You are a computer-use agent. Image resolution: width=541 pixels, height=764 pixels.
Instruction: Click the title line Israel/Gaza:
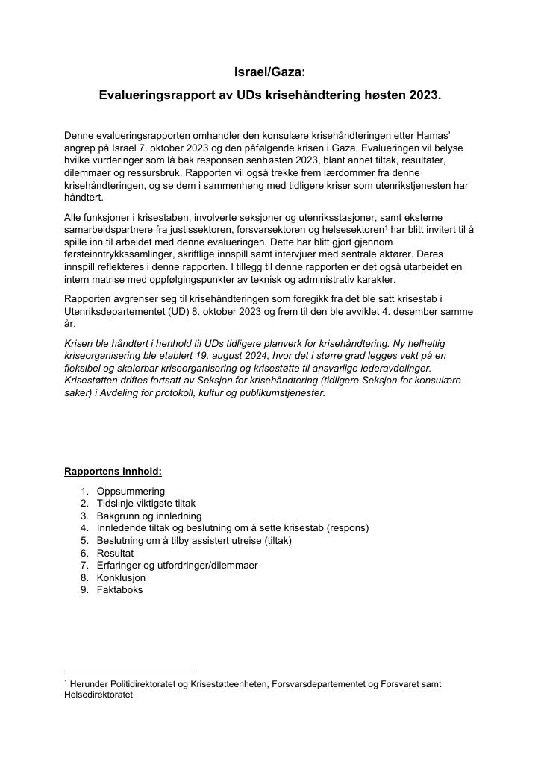pyautogui.click(x=270, y=72)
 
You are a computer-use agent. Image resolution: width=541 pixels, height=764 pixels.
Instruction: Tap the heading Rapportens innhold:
pyautogui.click(x=113, y=472)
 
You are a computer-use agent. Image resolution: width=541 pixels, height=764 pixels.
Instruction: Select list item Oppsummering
pyautogui.click(x=131, y=492)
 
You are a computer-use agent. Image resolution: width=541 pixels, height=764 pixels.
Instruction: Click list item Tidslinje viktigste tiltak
pyautogui.click(x=146, y=504)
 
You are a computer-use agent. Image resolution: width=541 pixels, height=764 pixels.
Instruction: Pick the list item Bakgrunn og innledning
pyautogui.click(x=148, y=516)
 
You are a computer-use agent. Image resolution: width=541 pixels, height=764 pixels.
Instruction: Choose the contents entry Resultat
pyautogui.click(x=115, y=553)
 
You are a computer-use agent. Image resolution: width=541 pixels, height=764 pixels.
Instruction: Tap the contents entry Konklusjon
pyautogui.click(x=121, y=577)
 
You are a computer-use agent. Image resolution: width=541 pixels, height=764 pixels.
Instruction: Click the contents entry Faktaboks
pyautogui.click(x=119, y=589)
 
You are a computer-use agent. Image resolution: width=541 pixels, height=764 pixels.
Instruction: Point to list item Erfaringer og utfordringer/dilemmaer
pyautogui.click(x=177, y=565)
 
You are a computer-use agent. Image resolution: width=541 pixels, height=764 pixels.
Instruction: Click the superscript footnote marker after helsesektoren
pyautogui.click(x=384, y=227)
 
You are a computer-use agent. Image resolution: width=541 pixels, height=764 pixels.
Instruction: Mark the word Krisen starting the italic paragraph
pyautogui.click(x=79, y=343)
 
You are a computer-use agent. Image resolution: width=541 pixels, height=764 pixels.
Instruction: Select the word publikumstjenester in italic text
pyautogui.click(x=283, y=392)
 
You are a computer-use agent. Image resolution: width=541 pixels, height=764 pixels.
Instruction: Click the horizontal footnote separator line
pyautogui.click(x=129, y=674)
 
